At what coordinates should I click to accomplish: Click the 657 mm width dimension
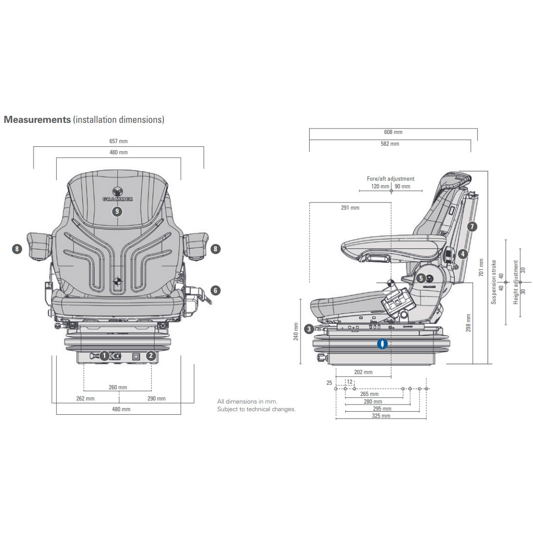[x=119, y=141]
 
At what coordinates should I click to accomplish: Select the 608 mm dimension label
[x=393, y=132]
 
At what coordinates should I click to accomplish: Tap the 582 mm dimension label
[x=390, y=144]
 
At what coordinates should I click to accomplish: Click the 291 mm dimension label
[x=350, y=208]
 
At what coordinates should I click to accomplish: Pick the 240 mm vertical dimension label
[x=295, y=331]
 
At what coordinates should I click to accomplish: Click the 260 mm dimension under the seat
[x=118, y=387]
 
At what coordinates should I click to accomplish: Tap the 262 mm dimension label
[x=85, y=398]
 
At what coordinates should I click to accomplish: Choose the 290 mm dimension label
[x=156, y=398]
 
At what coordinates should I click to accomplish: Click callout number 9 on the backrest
[x=117, y=211]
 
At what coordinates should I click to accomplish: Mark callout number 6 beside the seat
[x=216, y=290]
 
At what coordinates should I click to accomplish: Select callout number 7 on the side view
[x=472, y=226]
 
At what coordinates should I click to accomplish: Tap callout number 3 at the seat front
[x=309, y=329]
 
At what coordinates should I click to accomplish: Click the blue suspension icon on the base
[x=382, y=344]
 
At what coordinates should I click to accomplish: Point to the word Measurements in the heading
[x=37, y=119]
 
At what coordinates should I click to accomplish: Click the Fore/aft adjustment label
[x=390, y=179]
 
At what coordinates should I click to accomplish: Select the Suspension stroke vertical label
[x=493, y=282]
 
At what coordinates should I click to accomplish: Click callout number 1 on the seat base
[x=104, y=356]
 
